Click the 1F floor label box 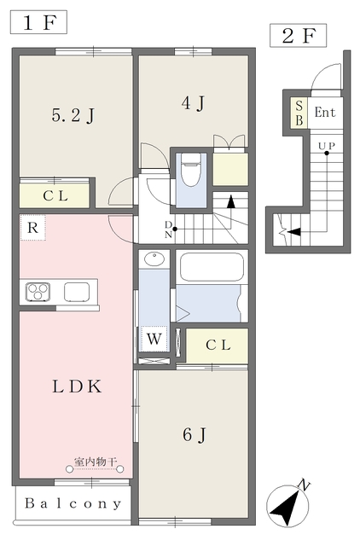tap(38, 22)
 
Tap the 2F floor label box tap(298, 36)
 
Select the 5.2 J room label tap(73, 116)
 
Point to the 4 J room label tap(193, 103)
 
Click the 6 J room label tap(195, 434)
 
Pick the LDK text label tap(77, 386)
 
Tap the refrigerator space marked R tap(32, 228)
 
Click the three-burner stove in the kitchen tap(38, 292)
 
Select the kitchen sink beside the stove tap(77, 292)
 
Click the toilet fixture tap(191, 170)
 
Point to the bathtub tap(212, 267)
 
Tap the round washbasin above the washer tap(154, 259)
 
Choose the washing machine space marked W tap(154, 339)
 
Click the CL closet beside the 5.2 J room tap(55, 195)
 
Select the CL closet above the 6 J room tap(218, 346)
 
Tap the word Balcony tap(73, 503)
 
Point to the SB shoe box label tap(299, 113)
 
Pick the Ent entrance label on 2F tap(325, 112)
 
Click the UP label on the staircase tap(327, 146)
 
